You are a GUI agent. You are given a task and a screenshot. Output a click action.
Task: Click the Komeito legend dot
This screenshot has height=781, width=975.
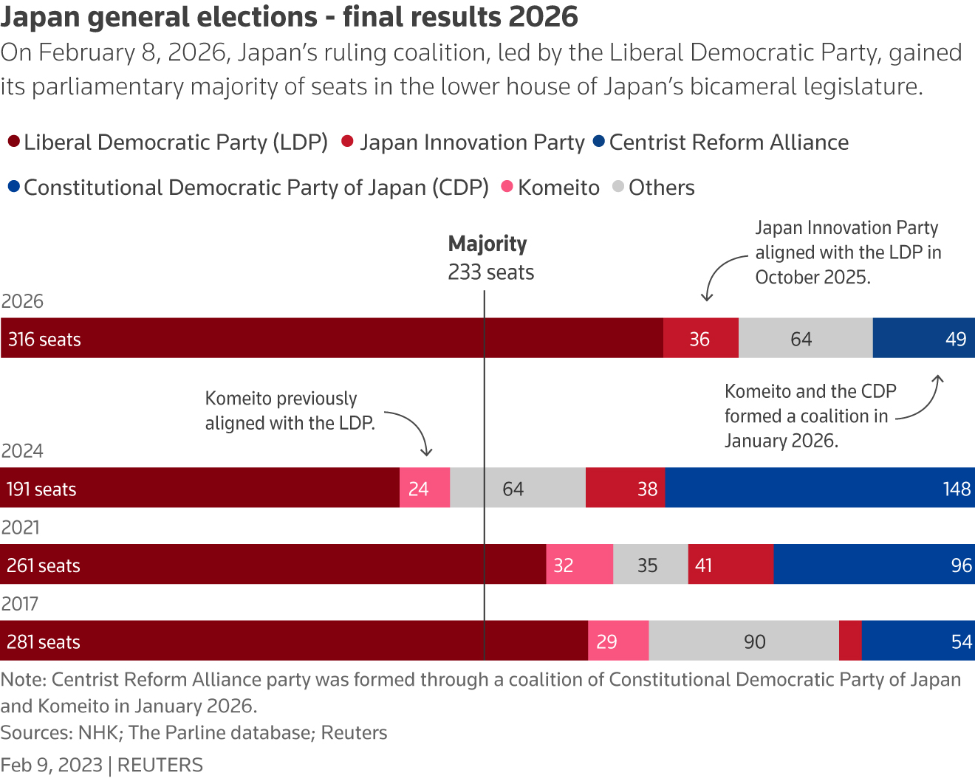507,187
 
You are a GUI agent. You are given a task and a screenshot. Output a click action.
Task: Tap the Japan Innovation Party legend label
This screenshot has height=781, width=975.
472,142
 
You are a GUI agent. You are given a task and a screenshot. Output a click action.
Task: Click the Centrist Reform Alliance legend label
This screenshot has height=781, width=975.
728,142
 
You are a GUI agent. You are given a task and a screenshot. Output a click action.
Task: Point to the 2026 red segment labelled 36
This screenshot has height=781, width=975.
700,339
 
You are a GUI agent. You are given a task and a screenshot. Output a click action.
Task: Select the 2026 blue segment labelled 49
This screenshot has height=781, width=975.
923,339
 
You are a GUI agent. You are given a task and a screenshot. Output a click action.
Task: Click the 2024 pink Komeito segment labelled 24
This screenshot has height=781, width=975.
425,488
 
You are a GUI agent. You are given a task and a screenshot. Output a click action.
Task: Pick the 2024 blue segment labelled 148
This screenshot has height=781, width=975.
820,488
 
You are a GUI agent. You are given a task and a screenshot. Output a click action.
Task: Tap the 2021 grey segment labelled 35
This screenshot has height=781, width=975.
650,565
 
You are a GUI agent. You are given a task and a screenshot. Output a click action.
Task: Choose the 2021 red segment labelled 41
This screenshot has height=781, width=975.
731,565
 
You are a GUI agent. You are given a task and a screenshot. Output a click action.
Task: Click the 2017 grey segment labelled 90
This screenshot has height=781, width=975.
744,641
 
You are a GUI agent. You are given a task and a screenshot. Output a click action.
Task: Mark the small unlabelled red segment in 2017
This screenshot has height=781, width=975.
850,641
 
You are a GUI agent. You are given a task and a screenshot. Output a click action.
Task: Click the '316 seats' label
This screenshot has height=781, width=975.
44,340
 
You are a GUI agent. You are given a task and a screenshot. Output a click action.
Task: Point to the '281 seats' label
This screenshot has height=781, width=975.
44,642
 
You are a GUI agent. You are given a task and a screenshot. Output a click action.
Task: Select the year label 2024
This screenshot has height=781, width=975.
22,451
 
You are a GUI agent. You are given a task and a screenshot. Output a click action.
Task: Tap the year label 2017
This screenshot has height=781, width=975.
20,604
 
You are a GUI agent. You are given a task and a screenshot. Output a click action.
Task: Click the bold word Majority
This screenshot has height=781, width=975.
487,244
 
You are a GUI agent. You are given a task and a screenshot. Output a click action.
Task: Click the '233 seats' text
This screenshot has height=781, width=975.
490,272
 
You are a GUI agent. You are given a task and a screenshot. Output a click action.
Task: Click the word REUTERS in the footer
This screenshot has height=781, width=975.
160,765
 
